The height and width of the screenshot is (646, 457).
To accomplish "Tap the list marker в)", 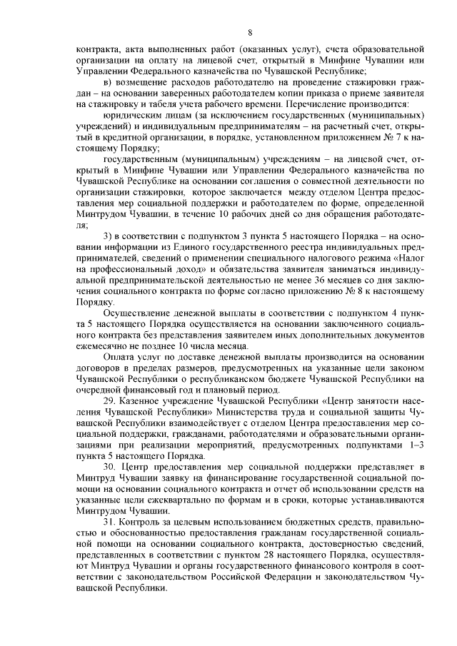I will pyautogui.click(x=109, y=82).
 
